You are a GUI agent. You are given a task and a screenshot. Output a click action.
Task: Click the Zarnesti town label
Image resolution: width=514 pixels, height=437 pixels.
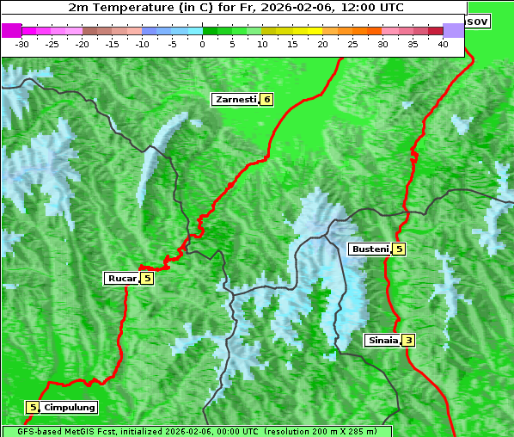[236, 100]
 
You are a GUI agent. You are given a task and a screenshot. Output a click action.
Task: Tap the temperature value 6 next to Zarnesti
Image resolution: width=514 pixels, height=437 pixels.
[267, 100]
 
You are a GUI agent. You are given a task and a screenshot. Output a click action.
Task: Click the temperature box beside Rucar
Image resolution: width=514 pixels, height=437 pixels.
[147, 278]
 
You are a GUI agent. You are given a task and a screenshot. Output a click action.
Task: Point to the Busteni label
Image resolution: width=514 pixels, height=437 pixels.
[370, 249]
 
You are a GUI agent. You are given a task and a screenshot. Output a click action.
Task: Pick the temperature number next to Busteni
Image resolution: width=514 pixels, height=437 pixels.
[399, 249]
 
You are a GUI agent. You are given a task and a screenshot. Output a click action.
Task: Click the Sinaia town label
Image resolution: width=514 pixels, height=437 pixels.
[382, 340]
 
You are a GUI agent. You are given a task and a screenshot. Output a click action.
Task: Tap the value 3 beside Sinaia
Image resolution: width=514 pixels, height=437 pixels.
[408, 340]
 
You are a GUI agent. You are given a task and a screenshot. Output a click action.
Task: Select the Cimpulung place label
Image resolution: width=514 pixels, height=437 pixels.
[70, 407]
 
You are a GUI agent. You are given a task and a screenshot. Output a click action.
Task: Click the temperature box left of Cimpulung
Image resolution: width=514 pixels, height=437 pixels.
[33, 407]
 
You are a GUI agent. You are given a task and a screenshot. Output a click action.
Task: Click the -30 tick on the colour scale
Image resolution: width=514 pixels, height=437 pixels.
[22, 44]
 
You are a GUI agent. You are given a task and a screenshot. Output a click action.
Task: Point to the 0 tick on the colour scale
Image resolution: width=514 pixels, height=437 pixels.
[203, 44]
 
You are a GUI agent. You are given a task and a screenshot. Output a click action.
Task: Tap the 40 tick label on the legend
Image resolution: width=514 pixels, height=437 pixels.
[443, 44]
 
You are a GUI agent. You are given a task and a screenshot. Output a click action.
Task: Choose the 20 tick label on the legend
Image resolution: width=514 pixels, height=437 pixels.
[322, 44]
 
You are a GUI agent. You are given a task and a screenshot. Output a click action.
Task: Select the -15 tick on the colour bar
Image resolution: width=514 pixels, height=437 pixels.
[113, 44]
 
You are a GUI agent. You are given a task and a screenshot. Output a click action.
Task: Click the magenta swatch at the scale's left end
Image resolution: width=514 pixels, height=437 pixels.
[11, 30]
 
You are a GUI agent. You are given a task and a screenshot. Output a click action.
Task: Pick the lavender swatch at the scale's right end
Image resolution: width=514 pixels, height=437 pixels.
[453, 30]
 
